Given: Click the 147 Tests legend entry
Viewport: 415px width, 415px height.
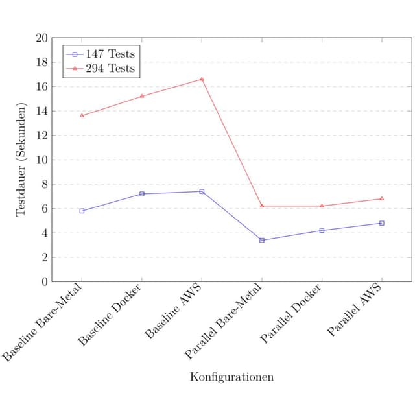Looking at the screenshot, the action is tap(101, 54).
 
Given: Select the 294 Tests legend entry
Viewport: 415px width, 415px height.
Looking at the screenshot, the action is tap(101, 69).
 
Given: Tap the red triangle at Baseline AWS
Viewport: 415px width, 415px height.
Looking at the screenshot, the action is tap(202, 79).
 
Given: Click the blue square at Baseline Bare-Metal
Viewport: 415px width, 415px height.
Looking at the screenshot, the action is tap(82, 211).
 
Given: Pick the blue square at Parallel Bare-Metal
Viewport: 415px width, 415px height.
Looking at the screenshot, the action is tap(262, 241).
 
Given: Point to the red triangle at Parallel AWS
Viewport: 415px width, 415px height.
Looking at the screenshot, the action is tap(382, 198).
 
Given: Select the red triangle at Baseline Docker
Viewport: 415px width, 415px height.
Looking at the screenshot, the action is tap(142, 96).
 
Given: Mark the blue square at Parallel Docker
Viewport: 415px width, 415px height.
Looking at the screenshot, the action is tap(322, 231).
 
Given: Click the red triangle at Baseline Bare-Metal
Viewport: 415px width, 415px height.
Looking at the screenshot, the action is tap(82, 115).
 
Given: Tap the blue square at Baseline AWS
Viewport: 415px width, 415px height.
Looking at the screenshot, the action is tap(202, 191).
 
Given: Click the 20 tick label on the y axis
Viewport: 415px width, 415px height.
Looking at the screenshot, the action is tap(41, 38).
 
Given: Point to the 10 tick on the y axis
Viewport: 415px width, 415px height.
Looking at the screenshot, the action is tap(41, 160).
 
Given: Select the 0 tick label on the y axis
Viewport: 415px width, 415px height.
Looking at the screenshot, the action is tap(45, 282).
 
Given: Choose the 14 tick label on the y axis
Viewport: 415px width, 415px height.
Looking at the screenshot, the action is tap(41, 111).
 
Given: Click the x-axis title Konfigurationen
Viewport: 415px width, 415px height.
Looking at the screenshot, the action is tap(232, 377).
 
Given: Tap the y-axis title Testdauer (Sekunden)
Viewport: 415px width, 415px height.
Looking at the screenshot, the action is tap(21, 160).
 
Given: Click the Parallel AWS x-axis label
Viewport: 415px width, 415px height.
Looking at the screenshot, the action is tap(355, 310).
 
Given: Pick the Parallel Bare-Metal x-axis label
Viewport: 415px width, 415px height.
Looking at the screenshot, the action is tap(223, 322).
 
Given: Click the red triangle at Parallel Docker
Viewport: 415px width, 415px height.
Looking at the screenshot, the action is tap(322, 206).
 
